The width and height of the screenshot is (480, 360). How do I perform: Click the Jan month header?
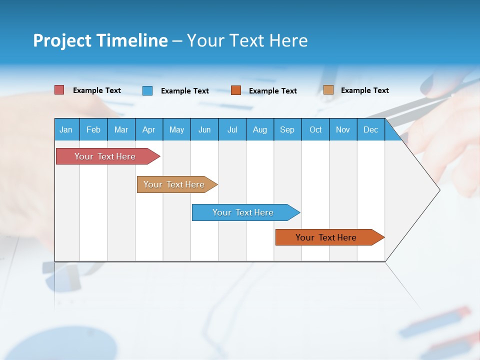point(66,129)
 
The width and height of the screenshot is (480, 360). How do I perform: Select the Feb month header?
point(93,129)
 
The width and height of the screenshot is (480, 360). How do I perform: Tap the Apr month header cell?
point(149,129)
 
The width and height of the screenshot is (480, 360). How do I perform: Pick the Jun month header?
point(204,129)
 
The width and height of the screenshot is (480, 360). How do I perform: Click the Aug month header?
point(260,129)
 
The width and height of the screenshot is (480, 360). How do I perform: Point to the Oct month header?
point(315,129)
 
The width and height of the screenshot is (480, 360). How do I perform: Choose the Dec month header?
point(371,129)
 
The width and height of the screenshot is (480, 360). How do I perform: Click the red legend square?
point(59,90)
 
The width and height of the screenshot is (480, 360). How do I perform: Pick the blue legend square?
point(147,90)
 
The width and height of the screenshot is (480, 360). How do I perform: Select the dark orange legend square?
point(236,90)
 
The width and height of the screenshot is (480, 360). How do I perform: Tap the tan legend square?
point(328,90)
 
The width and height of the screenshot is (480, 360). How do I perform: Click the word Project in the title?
point(61,40)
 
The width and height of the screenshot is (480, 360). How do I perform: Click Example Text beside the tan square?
point(364,90)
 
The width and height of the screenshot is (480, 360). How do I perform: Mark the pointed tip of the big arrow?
point(439,190)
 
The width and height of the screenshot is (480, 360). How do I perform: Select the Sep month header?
point(287,129)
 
